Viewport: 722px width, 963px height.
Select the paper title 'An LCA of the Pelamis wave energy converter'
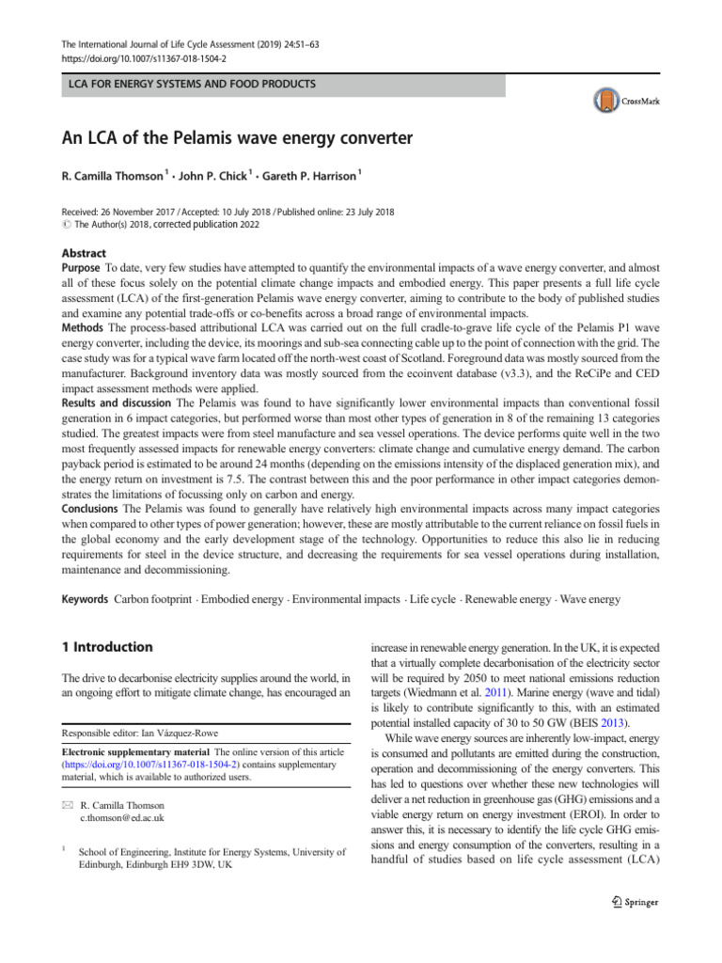point(238,139)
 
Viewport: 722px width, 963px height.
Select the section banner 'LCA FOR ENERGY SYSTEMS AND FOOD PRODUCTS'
point(188,85)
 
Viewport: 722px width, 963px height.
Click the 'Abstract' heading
point(84,253)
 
